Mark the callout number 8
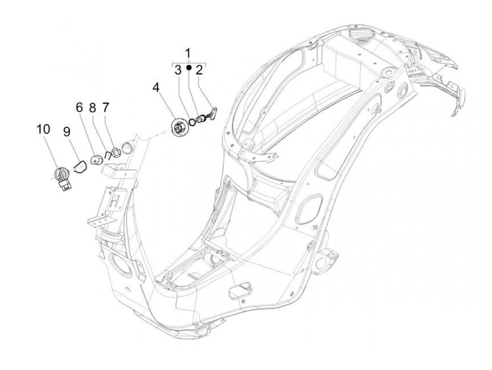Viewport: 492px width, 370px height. (92, 108)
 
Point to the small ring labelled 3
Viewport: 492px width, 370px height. (192, 122)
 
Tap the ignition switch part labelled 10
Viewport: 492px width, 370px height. (64, 178)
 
